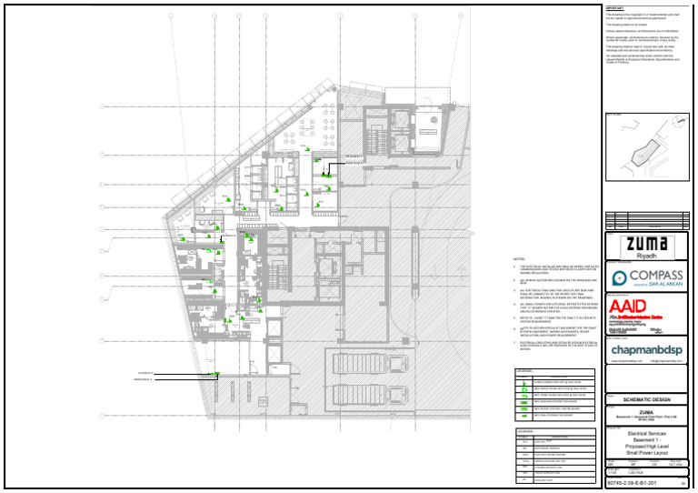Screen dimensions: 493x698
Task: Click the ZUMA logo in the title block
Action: (649, 245)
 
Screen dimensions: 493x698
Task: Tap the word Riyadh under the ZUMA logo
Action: (649, 257)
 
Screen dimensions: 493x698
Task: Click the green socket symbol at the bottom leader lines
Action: (215, 374)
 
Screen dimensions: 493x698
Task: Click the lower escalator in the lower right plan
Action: (349, 394)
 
